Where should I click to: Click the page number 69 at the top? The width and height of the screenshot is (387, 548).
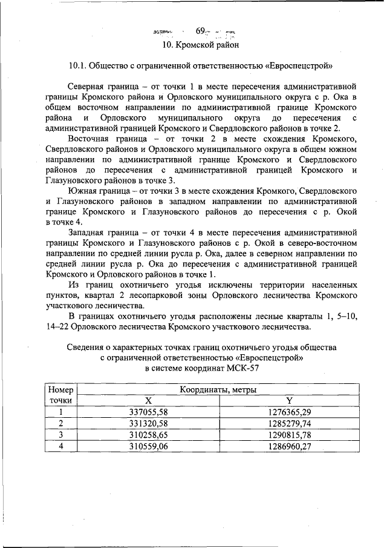[201, 30]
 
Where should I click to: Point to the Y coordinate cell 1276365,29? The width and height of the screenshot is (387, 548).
[289, 412]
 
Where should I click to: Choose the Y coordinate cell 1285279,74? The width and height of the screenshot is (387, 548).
[289, 423]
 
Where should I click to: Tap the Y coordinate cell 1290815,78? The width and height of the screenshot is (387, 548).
[289, 435]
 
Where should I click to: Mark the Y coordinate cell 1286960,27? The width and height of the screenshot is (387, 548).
[289, 446]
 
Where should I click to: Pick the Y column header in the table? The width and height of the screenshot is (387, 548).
[289, 401]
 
